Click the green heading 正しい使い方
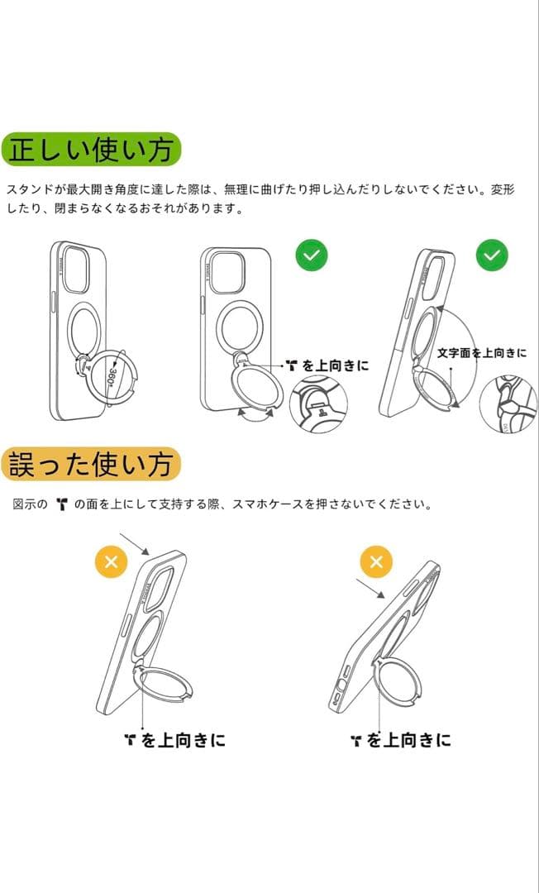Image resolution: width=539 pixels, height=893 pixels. [91, 150]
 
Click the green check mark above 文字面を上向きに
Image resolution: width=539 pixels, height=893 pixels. [491, 255]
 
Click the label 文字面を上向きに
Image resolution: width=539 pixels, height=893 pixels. [481, 352]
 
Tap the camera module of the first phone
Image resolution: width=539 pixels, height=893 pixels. [75, 269]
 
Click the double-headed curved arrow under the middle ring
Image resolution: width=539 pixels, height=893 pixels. [258, 413]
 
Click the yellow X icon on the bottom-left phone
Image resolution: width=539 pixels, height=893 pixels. [112, 563]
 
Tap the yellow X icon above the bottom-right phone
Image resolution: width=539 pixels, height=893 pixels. [376, 563]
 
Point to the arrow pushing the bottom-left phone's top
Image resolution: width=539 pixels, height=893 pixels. [134, 544]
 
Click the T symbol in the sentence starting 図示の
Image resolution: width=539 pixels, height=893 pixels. [61, 504]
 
